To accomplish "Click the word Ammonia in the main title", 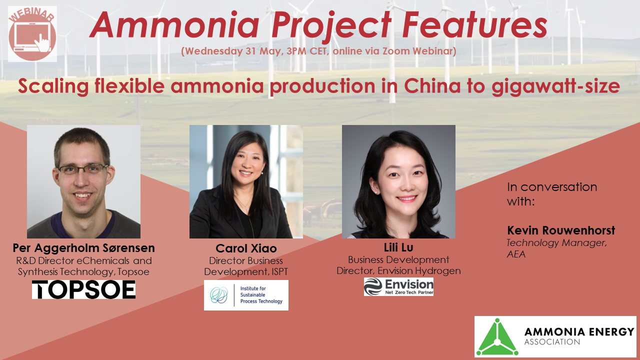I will click(x=174, y=25).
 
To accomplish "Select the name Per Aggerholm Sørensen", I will click(x=83, y=248).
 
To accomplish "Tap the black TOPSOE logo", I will click(x=83, y=290).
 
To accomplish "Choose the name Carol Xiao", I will click(x=246, y=248).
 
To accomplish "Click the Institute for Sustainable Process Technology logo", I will click(x=246, y=295).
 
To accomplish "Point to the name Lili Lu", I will click(x=398, y=248).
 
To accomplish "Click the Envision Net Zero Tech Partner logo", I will click(x=398, y=286).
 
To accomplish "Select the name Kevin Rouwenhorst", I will click(x=561, y=230).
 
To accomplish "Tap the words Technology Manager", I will click(x=556, y=242).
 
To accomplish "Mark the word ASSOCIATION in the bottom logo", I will click(x=552, y=342).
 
